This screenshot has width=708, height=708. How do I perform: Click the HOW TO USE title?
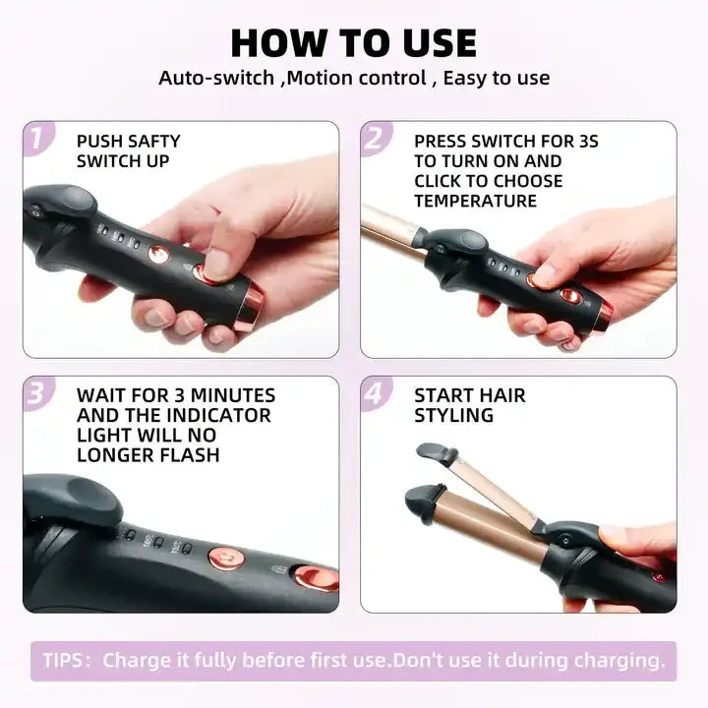353,42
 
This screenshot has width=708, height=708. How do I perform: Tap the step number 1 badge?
36,139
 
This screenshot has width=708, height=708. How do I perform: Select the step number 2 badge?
374,139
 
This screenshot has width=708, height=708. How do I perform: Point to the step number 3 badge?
36,393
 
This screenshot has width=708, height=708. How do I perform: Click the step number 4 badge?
374,393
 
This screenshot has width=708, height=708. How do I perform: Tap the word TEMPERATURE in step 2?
475,201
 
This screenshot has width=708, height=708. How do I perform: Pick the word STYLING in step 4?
453,415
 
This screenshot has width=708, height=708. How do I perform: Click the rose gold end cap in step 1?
250,308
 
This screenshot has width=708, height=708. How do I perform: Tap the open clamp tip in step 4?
438,453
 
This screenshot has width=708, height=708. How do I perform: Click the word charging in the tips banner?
620,660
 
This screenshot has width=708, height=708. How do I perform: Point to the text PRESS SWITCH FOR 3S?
505,141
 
